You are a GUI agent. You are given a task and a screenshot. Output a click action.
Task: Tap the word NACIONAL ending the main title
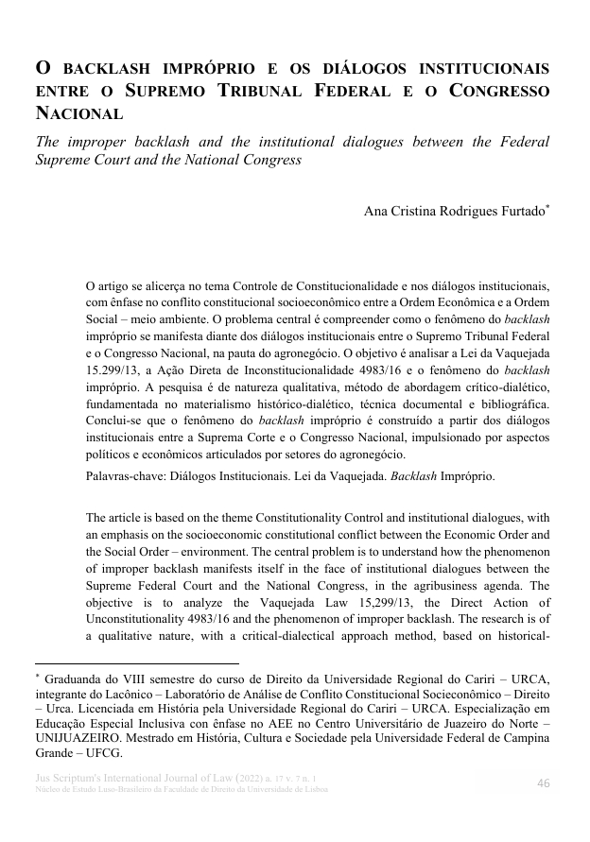coord(78,114)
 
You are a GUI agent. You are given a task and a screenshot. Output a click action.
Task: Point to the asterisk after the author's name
coord(547,206)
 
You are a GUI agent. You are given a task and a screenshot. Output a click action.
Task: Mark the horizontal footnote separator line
coord(136,663)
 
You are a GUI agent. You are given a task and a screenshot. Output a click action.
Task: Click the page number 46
coord(544,782)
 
